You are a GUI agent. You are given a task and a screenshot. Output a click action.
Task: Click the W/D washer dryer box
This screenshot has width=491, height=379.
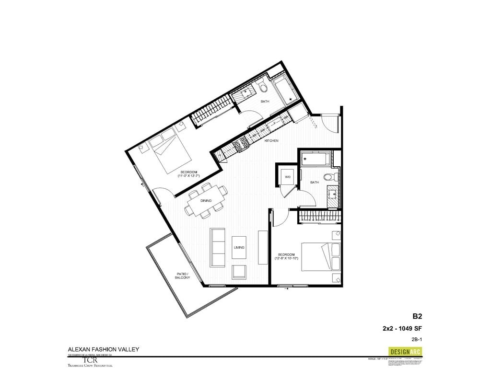(x=288, y=177)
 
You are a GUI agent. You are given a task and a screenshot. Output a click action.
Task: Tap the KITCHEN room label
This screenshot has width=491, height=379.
(x=272, y=141)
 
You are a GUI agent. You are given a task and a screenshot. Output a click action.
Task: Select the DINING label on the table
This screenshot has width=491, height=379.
(x=206, y=201)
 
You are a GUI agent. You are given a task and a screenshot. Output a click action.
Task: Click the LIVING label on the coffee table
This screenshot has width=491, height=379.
(x=239, y=248)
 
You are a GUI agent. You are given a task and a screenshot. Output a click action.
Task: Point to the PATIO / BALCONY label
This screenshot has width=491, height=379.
(x=183, y=276)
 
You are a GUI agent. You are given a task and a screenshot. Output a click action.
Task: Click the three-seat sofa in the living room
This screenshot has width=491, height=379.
(x=218, y=247)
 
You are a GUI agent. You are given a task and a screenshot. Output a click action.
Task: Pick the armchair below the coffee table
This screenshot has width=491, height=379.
(x=239, y=272)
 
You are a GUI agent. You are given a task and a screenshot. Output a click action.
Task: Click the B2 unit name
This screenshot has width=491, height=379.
(x=417, y=316)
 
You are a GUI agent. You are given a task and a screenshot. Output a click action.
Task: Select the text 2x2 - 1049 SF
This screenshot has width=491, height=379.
(x=402, y=328)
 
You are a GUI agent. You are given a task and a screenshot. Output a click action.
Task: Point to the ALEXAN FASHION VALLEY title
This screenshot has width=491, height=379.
(x=103, y=349)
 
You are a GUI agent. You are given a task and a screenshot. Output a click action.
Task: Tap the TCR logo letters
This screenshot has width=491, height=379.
(x=90, y=360)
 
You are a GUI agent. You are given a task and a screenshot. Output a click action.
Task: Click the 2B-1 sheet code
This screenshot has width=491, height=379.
(x=417, y=340)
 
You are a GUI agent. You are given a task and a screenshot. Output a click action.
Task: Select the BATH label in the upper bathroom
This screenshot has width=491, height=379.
(x=265, y=102)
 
